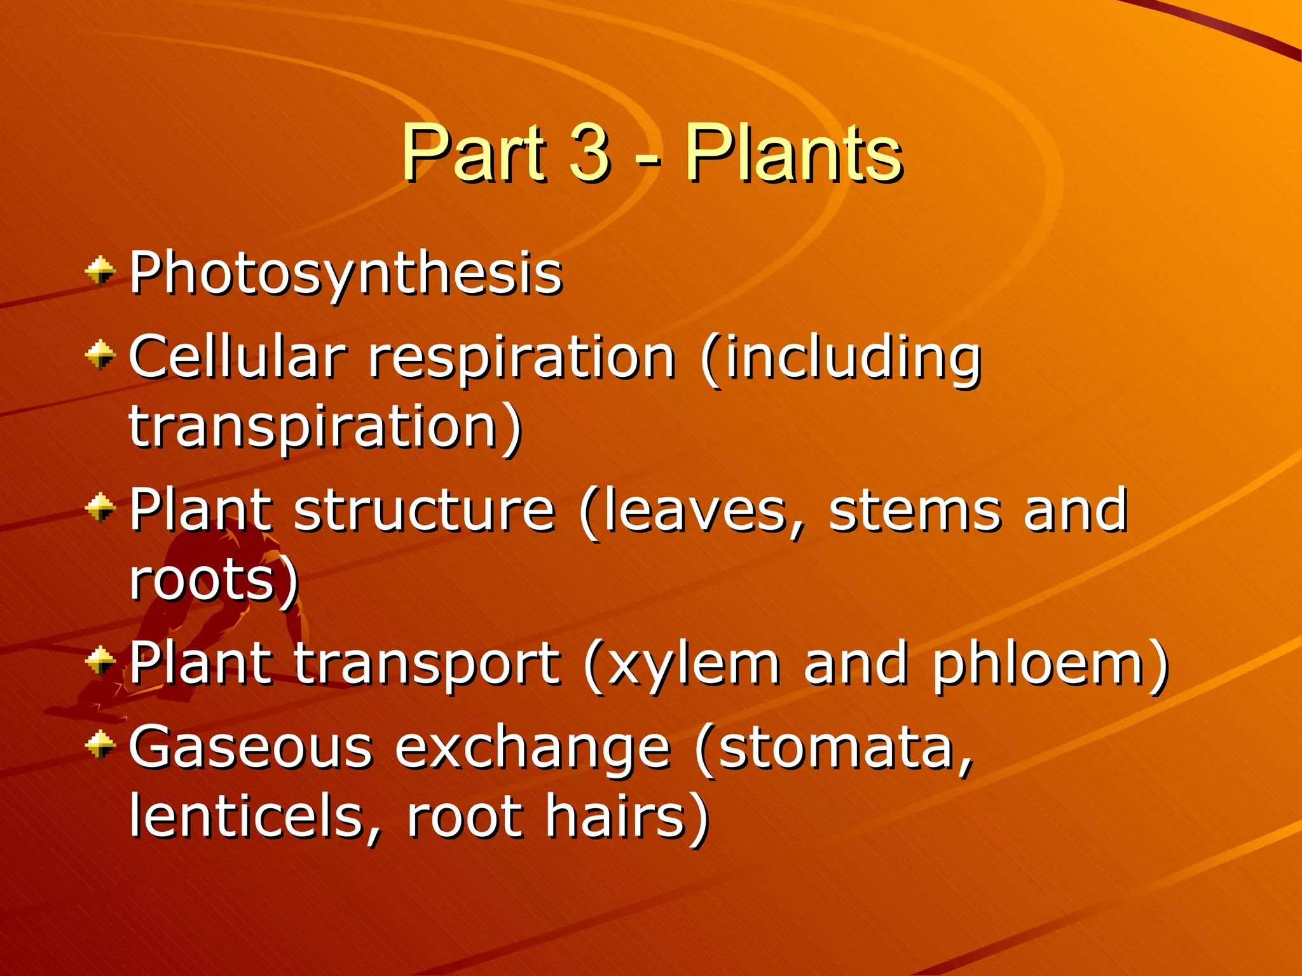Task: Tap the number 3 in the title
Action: [x=589, y=154]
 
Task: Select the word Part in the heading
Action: [x=474, y=154]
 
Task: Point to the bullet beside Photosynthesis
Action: [x=100, y=272]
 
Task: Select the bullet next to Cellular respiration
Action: [x=100, y=355]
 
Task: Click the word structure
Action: [x=424, y=511]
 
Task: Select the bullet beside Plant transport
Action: [x=100, y=661]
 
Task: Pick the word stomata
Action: [x=836, y=749]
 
